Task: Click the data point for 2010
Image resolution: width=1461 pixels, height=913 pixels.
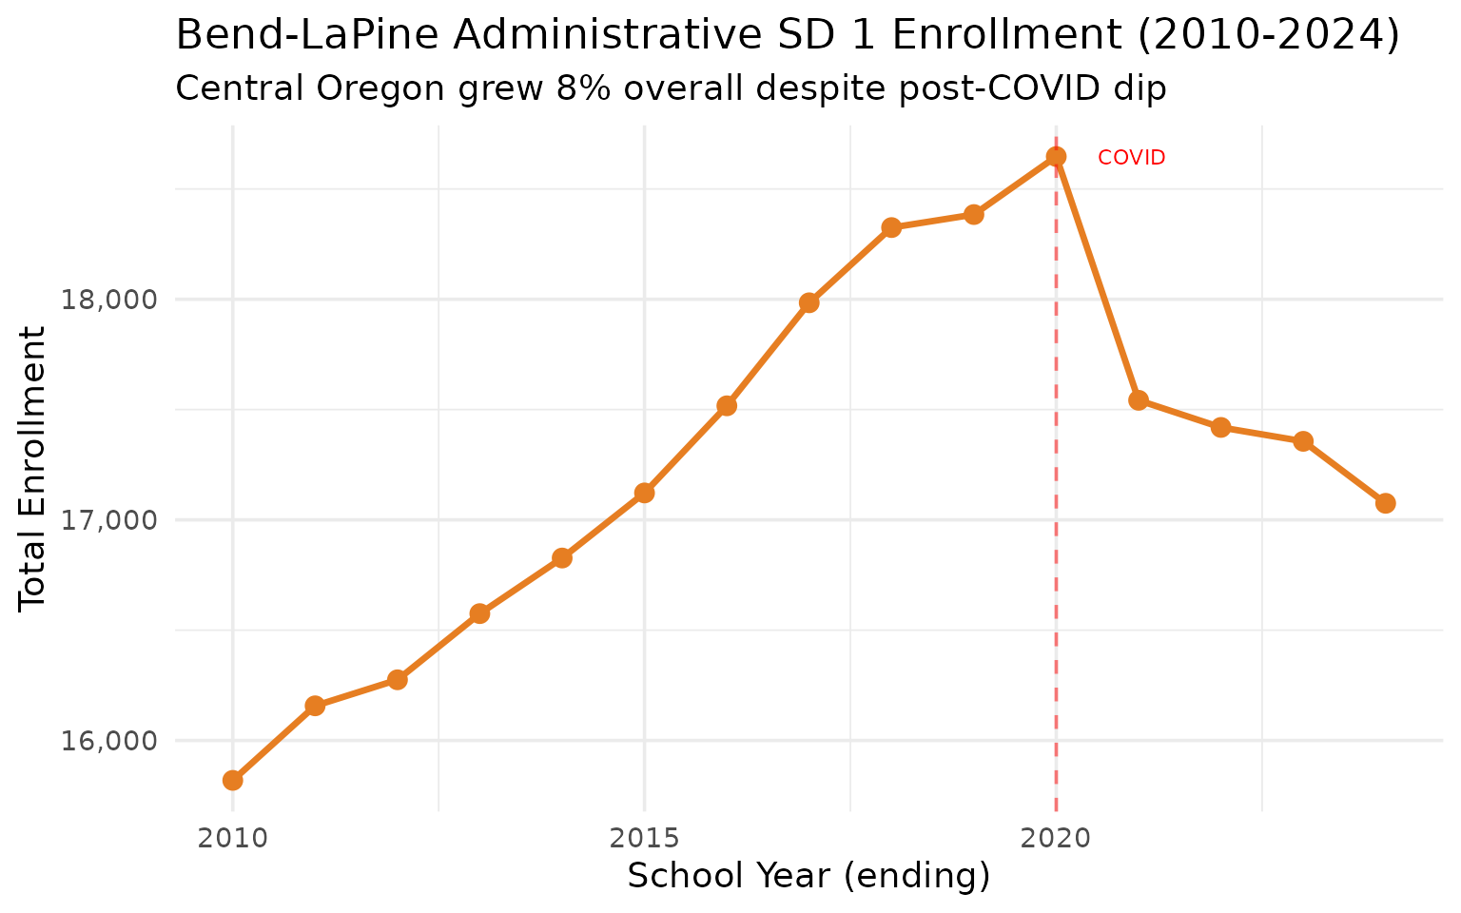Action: coord(232,780)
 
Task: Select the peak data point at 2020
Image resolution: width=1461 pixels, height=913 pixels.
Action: coord(1056,157)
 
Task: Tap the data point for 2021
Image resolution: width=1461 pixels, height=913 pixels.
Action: coord(1139,400)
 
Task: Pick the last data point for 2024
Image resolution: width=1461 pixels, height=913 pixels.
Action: coord(1385,503)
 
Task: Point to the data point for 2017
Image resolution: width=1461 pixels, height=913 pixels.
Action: coord(808,302)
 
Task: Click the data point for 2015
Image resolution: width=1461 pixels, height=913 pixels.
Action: coord(644,493)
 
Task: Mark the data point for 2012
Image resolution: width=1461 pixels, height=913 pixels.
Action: coord(398,680)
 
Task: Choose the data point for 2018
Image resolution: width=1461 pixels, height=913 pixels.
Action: coord(891,227)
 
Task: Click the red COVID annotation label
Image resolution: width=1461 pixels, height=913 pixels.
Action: coord(1131,158)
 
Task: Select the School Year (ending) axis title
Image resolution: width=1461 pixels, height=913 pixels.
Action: coord(808,876)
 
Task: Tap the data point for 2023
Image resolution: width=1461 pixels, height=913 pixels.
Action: coord(1303,441)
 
